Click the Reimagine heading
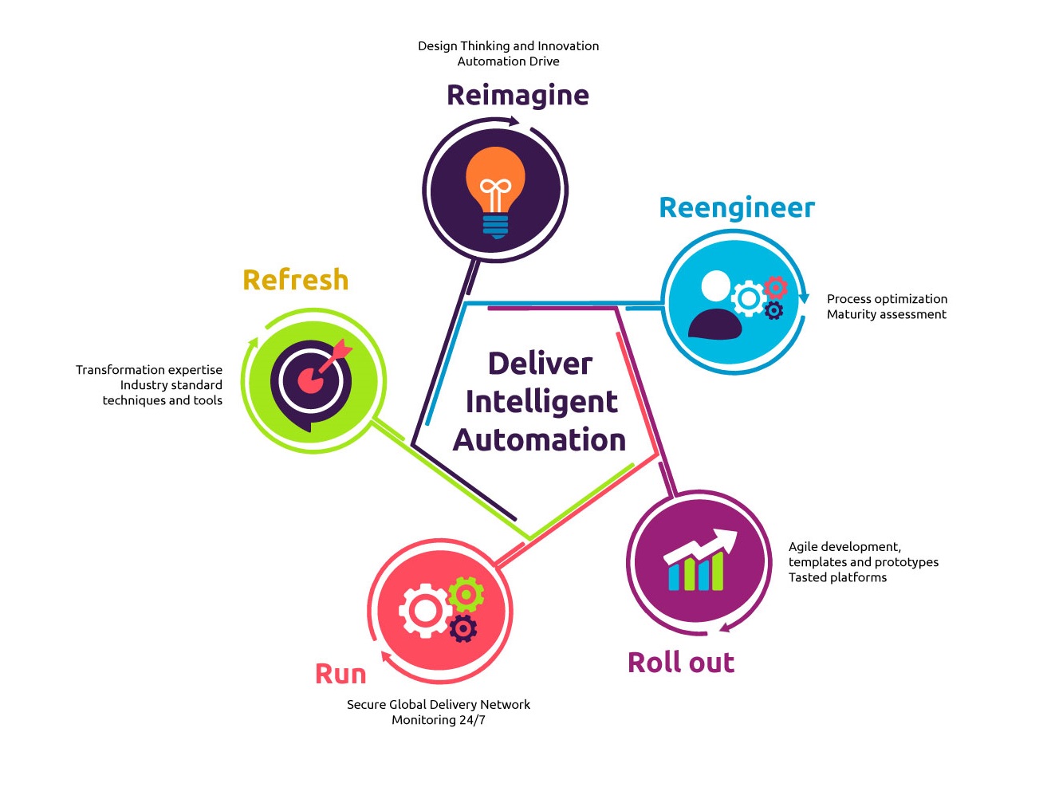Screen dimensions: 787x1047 click(518, 96)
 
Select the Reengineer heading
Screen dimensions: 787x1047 click(737, 208)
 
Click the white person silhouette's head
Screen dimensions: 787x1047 click(716, 286)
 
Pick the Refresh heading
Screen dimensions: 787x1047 click(295, 280)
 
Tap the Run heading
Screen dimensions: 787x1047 click(340, 674)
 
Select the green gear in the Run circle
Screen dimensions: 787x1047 click(466, 594)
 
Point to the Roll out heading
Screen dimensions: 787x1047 click(680, 663)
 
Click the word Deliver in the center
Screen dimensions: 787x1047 click(540, 364)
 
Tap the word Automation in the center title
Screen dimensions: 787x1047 click(539, 440)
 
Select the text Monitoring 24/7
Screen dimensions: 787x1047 click(438, 720)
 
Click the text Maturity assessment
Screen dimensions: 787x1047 click(886, 315)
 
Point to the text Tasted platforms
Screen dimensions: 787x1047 click(837, 577)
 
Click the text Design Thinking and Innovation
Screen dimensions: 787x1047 click(508, 46)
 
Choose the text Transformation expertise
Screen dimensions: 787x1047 click(149, 370)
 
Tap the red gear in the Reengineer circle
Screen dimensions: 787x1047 click(775, 286)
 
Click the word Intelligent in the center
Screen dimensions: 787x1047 click(541, 402)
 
